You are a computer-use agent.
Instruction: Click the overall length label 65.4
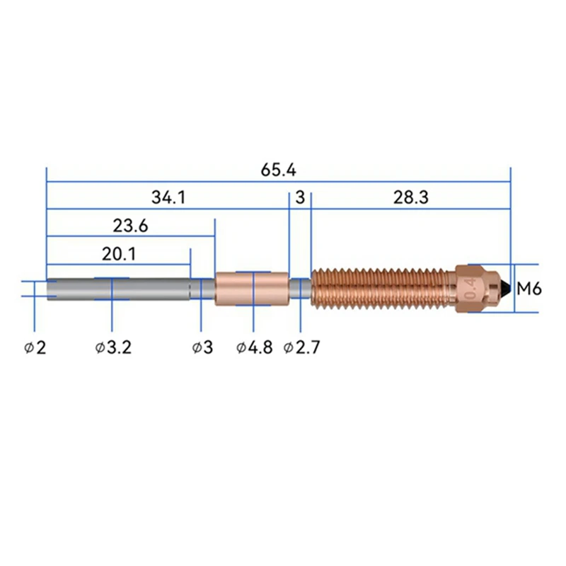pos(278,170)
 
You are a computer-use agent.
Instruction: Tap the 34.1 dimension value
pos(168,197)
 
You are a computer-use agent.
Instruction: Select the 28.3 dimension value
pos(411,197)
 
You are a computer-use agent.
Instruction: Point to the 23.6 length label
pos(130,226)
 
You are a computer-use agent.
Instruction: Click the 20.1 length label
pos(119,254)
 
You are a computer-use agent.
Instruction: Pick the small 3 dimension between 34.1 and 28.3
pos(300,197)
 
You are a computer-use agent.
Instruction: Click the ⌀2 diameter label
pos(35,347)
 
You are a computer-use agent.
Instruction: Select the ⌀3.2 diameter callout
pos(113,347)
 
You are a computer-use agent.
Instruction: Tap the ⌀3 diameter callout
pos(202,347)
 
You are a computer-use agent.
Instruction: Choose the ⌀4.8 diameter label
pos(255,347)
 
